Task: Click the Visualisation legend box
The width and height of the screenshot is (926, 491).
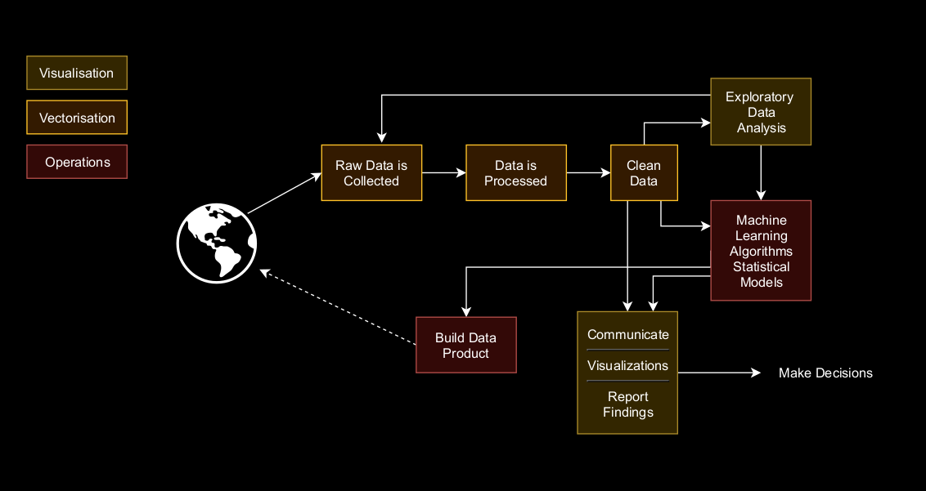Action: click(x=77, y=73)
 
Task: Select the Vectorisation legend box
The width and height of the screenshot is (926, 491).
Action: click(x=77, y=118)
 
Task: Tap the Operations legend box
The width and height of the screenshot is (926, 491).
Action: click(x=77, y=162)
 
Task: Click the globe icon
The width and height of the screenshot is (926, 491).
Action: click(x=217, y=243)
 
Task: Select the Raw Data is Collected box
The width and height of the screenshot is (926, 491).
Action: click(x=371, y=173)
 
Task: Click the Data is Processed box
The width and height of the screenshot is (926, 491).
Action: click(x=515, y=173)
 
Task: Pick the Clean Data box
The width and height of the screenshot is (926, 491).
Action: click(x=644, y=173)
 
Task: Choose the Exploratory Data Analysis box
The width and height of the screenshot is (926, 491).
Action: click(x=761, y=112)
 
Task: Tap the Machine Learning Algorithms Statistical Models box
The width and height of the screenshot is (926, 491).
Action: click(x=761, y=251)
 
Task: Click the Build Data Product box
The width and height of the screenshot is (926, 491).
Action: click(x=465, y=345)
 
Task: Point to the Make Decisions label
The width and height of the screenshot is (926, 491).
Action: click(x=825, y=373)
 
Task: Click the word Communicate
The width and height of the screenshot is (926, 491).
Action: click(x=627, y=334)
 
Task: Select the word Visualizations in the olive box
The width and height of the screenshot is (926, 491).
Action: click(x=627, y=365)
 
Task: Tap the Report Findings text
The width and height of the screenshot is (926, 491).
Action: click(x=627, y=404)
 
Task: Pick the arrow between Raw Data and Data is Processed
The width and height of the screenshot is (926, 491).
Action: click(x=443, y=173)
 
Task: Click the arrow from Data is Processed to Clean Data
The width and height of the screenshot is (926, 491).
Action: click(x=588, y=173)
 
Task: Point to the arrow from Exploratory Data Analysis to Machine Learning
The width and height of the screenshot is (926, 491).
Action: click(x=761, y=172)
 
